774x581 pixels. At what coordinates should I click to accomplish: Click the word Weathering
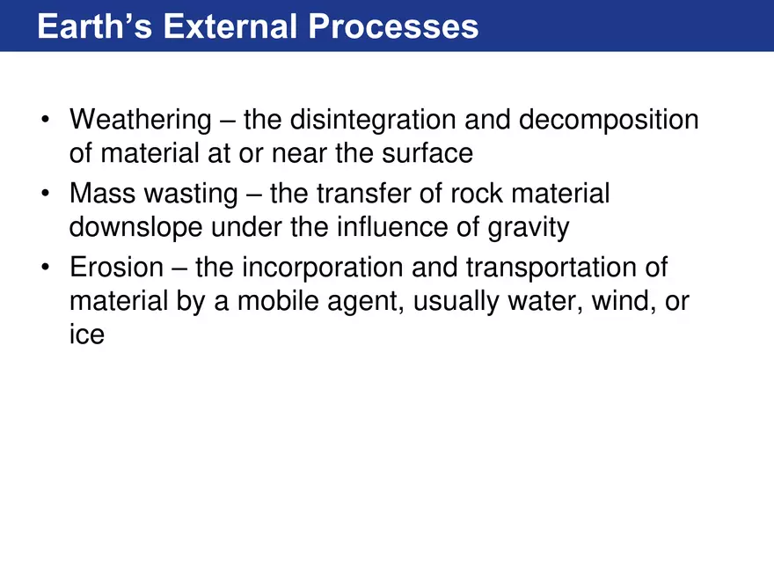click(x=141, y=119)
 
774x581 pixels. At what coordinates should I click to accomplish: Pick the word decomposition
click(x=609, y=121)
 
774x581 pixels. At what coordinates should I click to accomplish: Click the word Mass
click(x=104, y=193)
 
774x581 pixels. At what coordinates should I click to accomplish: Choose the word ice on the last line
click(x=86, y=335)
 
